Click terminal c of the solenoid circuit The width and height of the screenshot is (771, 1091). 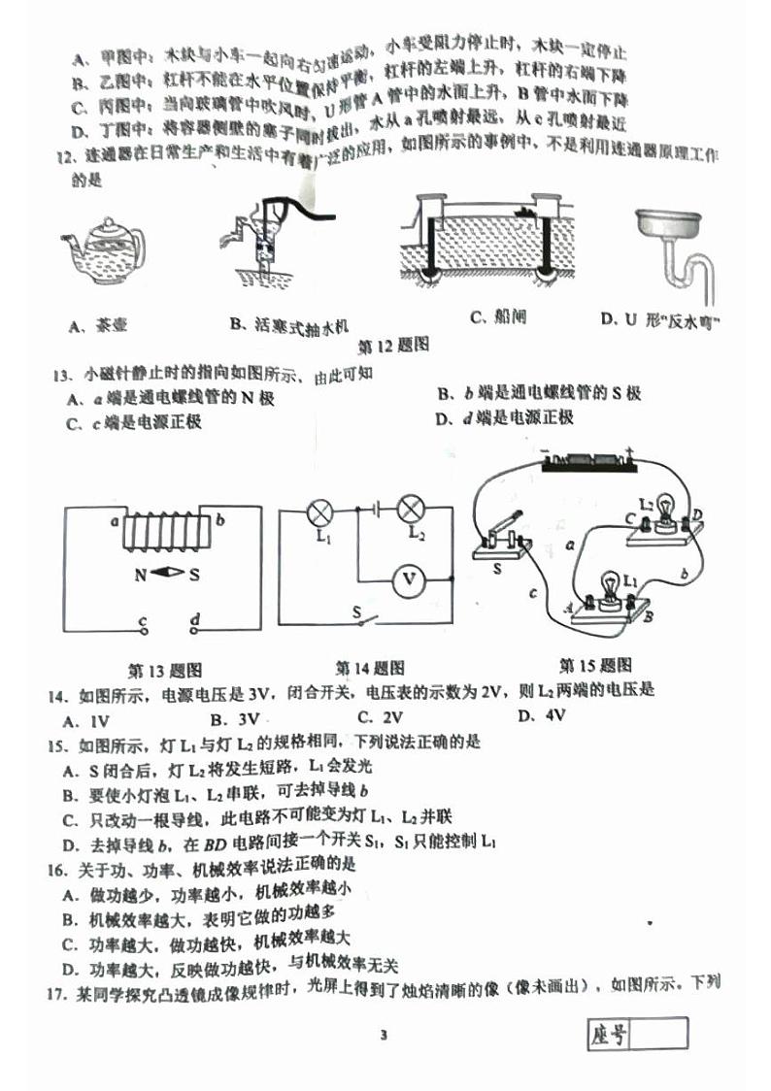click(143, 627)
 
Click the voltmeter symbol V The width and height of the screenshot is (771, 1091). click(409, 579)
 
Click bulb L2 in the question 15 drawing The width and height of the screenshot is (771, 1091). click(665, 510)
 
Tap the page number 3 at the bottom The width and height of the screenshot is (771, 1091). click(384, 1035)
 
